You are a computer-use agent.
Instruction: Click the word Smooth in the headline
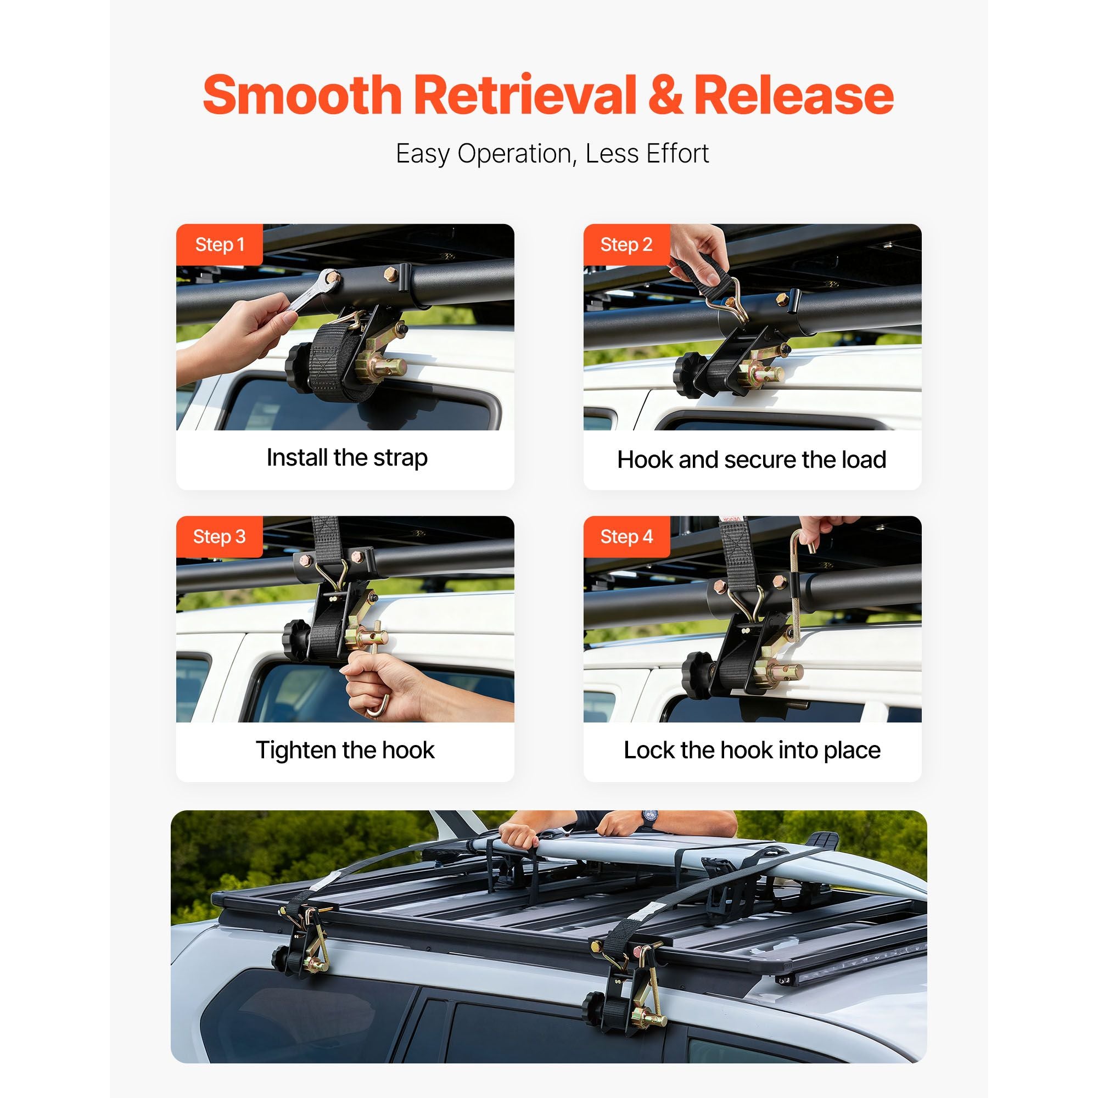coord(302,95)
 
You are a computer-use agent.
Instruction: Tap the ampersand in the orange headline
coord(665,95)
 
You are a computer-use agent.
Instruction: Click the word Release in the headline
coord(794,95)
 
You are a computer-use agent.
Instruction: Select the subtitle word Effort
coord(676,154)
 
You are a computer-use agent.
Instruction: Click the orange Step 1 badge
coord(220,244)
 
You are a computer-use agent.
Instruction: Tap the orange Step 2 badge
coord(627,244)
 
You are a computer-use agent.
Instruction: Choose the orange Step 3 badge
coord(220,536)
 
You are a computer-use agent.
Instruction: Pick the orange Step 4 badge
coord(627,536)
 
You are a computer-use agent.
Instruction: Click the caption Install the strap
coord(346,457)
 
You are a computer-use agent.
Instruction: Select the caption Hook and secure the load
coord(752,460)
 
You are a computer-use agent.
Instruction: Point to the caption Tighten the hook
coord(345,750)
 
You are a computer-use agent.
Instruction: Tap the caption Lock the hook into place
coord(753,750)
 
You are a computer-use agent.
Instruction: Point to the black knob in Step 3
coord(295,642)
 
